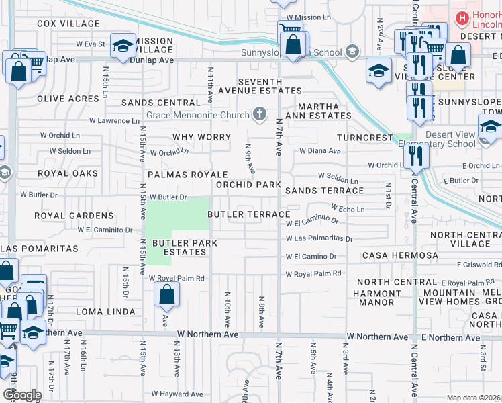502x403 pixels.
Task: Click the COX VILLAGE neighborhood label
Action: [68, 24]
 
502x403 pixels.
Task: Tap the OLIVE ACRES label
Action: [68, 99]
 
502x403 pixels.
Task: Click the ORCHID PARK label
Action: [248, 184]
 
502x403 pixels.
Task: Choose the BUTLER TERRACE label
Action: [248, 214]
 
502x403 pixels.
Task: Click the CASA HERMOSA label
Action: [400, 255]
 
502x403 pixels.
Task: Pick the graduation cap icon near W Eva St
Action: [122, 46]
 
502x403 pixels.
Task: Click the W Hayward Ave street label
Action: [177, 394]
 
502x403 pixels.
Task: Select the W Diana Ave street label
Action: [320, 151]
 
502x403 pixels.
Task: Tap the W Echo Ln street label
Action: [347, 210]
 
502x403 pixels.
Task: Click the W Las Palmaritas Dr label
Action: [319, 238]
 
